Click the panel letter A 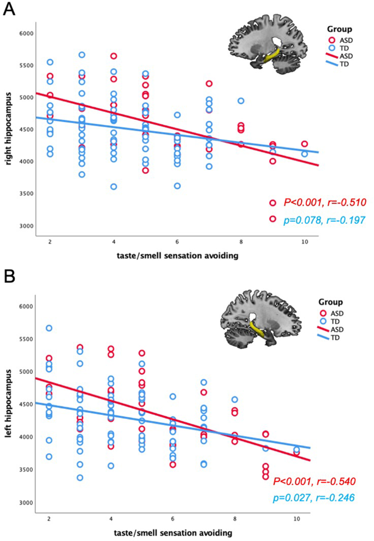pos(9,10)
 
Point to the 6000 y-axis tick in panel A pos(26,33)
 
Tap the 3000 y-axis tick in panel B pos(26,502)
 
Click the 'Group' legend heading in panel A pos(339,29)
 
